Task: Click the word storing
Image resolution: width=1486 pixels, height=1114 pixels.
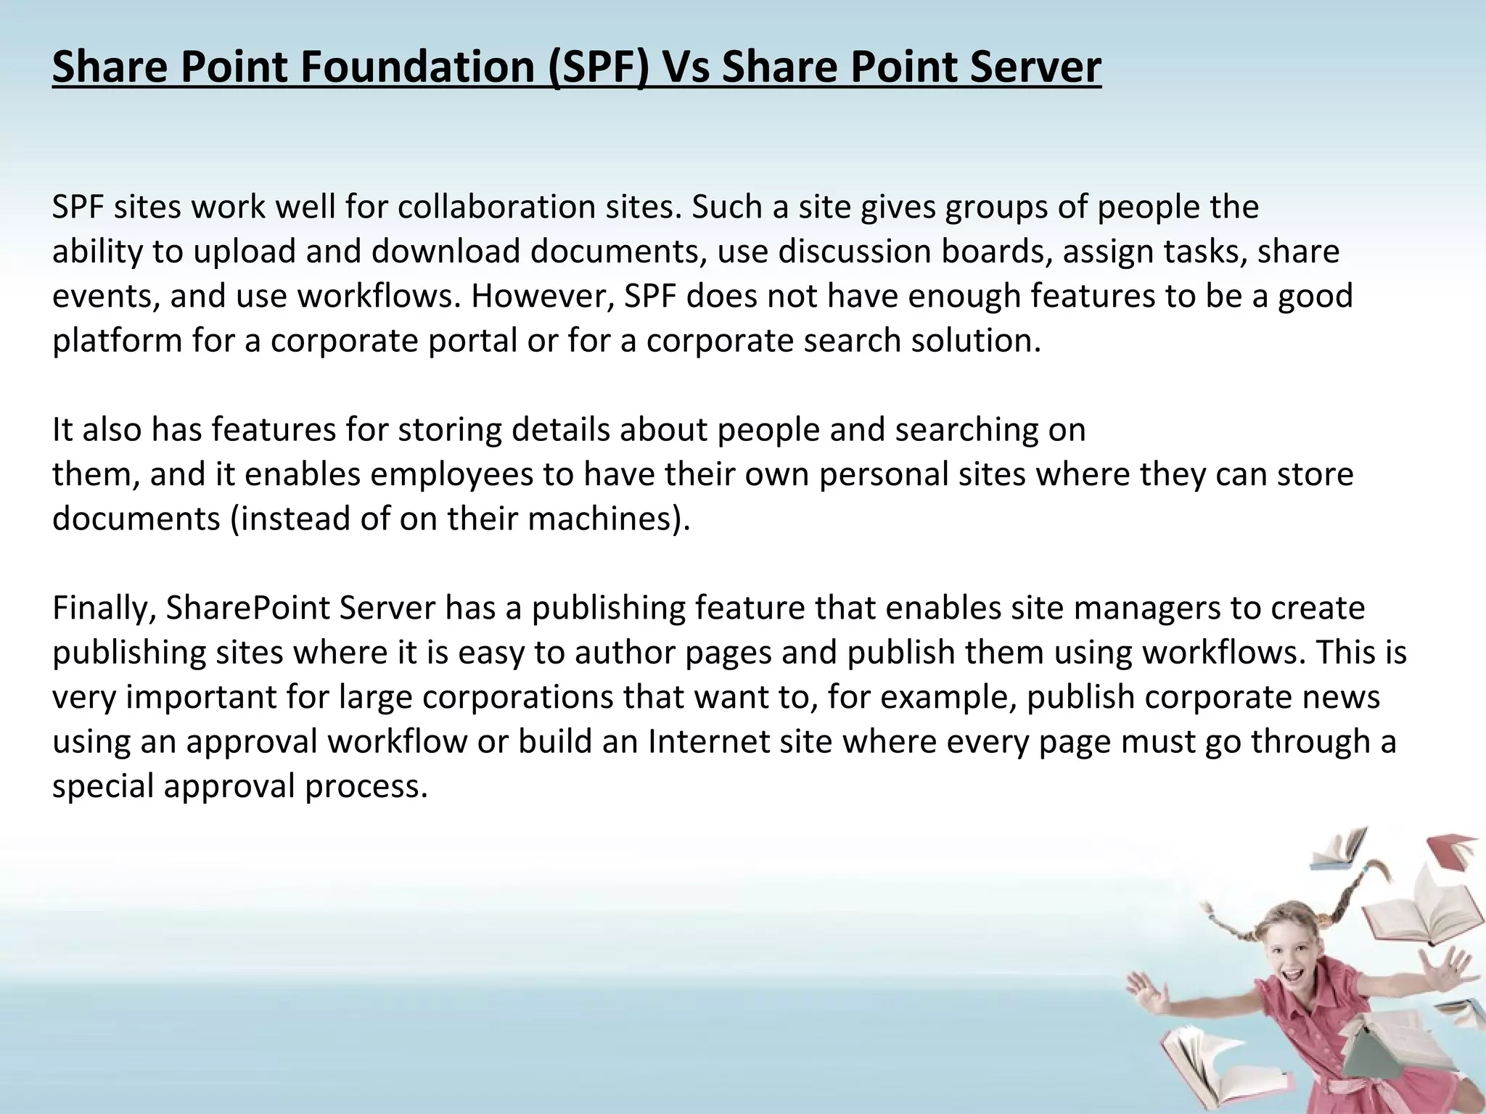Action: point(450,429)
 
